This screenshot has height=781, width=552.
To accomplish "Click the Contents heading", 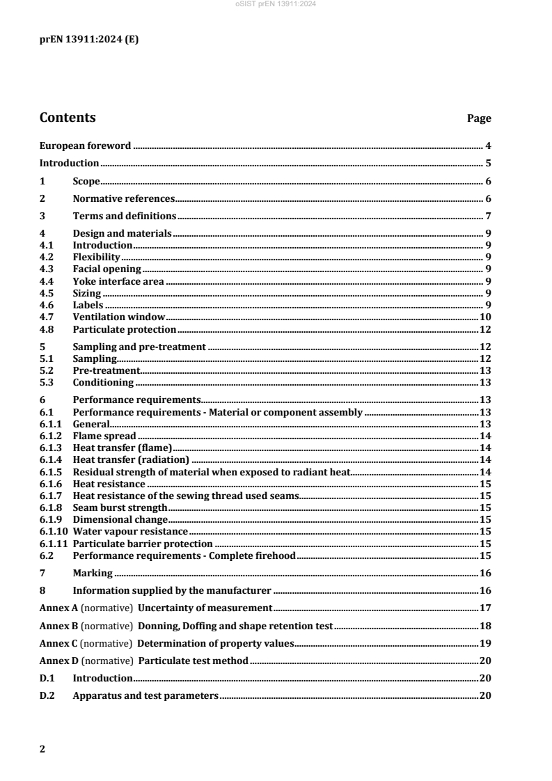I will pos(68,118).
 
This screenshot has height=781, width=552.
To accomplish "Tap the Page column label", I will pos(479,119).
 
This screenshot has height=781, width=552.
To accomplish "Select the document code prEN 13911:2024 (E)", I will pos(88,40).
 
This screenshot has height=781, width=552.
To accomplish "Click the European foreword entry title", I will pos(85,145).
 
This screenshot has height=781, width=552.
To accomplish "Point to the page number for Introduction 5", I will pos(489,164).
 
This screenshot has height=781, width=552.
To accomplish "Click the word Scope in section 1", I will pos(86,181).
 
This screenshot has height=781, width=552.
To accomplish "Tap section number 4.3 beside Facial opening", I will pos(47,269).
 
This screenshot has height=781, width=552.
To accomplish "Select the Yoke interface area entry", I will pos(118,281).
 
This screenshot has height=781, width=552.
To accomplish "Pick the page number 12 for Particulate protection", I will pos(486,329).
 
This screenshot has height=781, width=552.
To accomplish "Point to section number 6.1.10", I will pos(52,531).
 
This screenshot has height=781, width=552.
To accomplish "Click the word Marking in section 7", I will pos(93,573).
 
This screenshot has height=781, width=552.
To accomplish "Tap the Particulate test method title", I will pos(193,661).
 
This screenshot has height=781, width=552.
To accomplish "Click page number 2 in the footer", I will pos(42,749).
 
